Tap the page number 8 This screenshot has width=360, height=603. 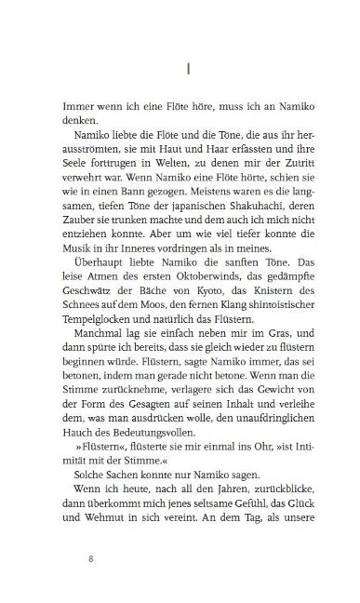tap(88, 560)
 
